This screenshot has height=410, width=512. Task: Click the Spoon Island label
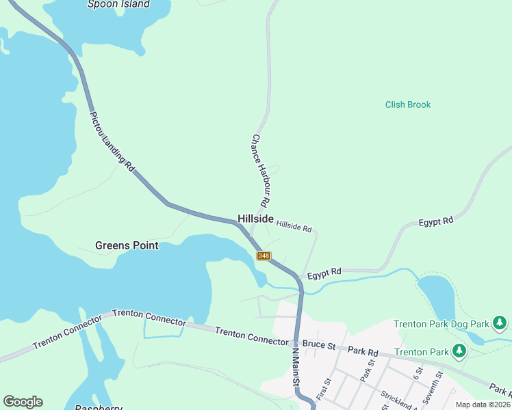pyautogui.click(x=118, y=4)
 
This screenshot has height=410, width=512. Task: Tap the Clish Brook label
pyautogui.click(x=408, y=105)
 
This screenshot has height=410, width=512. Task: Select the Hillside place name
pyautogui.click(x=255, y=219)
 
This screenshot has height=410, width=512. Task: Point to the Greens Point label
pyautogui.click(x=127, y=245)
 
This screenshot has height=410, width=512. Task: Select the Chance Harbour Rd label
pyautogui.click(x=259, y=171)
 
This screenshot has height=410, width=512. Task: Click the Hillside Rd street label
pyautogui.click(x=294, y=225)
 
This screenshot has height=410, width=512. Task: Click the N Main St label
pyautogui.click(x=296, y=369)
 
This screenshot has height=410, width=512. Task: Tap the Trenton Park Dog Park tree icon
pyautogui.click(x=500, y=322)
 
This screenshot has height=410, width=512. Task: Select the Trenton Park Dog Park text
pyautogui.click(x=441, y=323)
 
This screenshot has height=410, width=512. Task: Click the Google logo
pyautogui.click(x=23, y=402)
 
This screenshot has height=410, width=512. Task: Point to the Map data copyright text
pyautogui.click(x=483, y=405)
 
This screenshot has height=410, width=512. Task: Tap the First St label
pyautogui.click(x=324, y=389)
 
